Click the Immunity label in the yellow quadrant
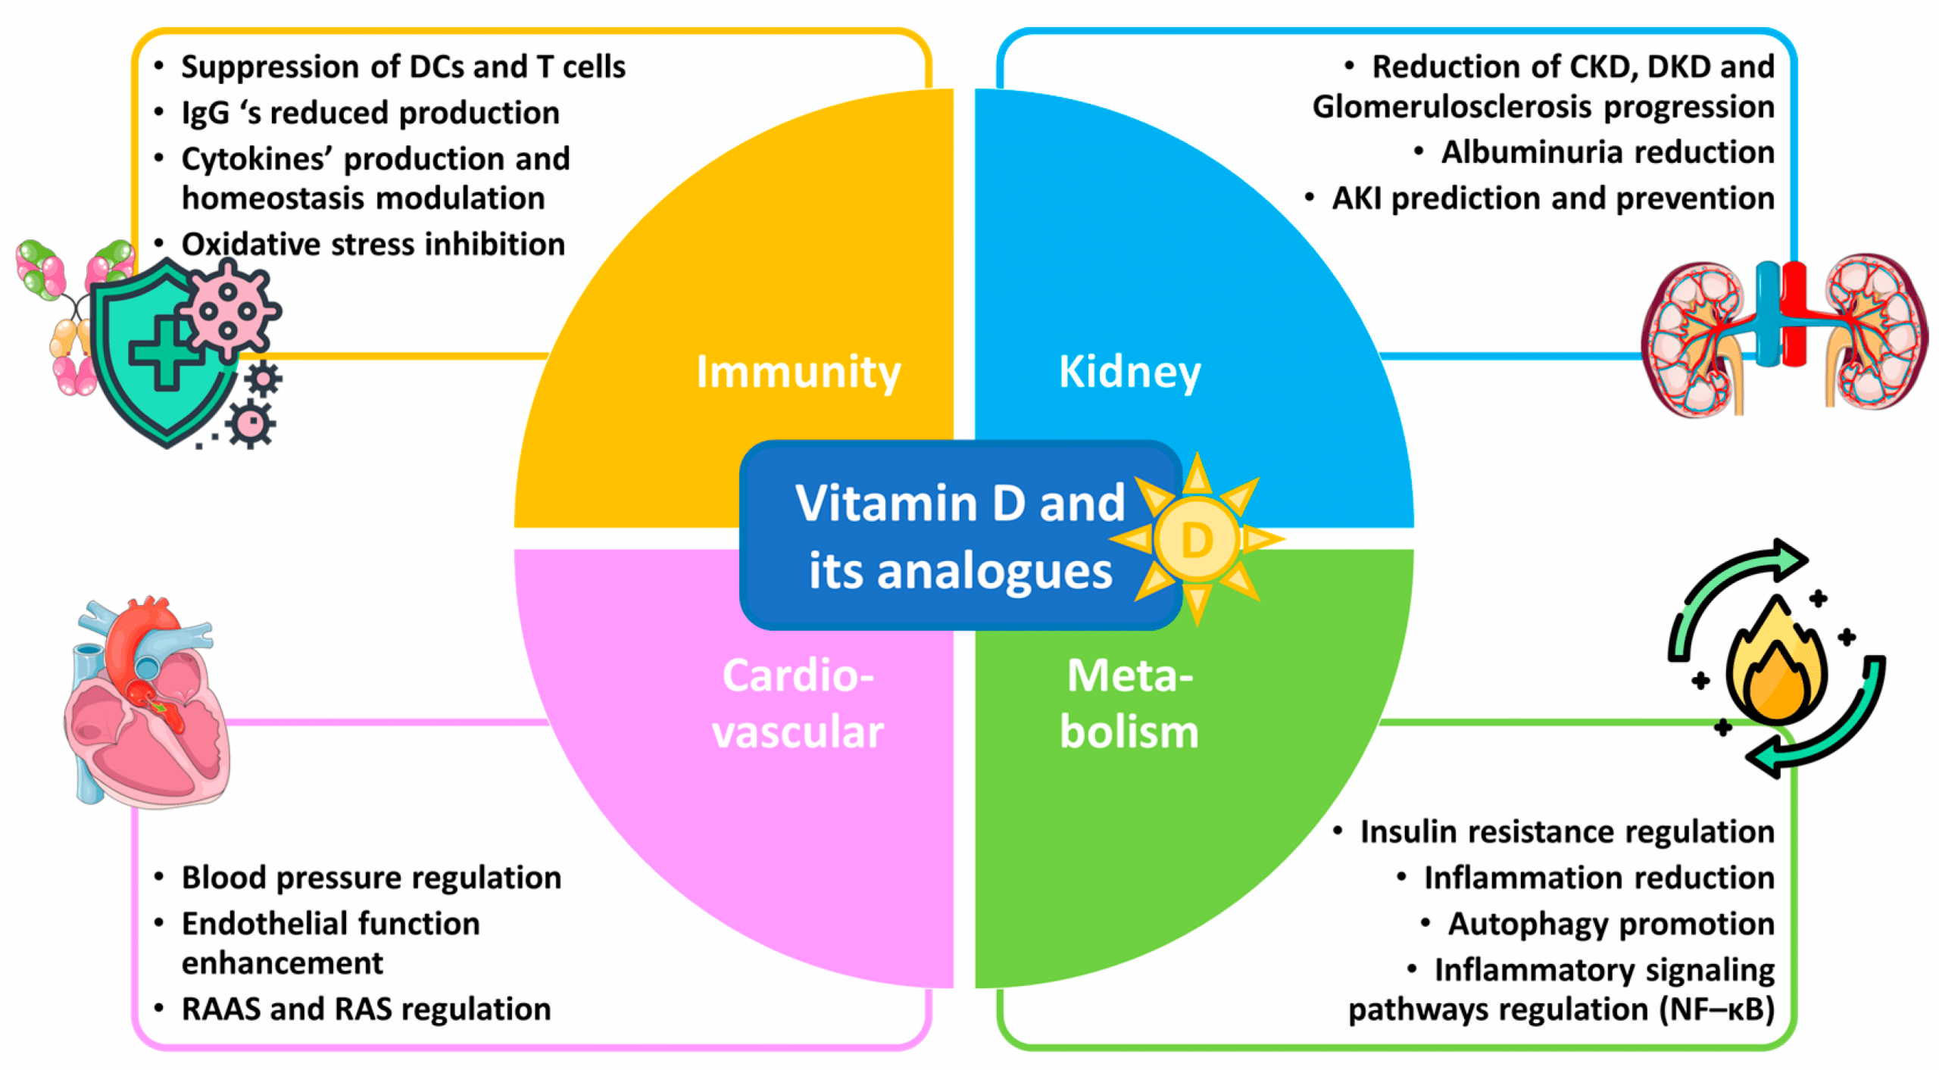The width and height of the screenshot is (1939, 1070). click(798, 372)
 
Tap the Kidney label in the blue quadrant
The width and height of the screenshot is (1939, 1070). click(1129, 372)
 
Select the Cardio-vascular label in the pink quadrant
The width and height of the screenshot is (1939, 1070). click(798, 703)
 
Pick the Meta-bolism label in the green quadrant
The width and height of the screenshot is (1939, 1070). click(1129, 703)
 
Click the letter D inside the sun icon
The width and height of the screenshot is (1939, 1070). click(1196, 541)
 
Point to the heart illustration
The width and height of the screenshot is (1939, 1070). click(148, 704)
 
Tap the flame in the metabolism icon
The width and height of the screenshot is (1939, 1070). click(1776, 666)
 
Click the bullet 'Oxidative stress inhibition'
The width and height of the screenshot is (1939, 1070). click(373, 245)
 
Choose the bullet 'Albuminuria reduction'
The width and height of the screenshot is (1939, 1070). click(1606, 152)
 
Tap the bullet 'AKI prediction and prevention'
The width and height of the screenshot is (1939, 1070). click(1552, 198)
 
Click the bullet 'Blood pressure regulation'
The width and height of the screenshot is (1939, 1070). click(371, 878)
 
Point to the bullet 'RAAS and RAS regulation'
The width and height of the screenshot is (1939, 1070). click(366, 1009)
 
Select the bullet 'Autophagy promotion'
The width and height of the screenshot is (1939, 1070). click(1610, 924)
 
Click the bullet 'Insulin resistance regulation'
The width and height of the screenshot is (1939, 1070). click(1566, 831)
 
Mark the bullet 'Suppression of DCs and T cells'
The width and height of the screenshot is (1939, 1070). click(403, 67)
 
